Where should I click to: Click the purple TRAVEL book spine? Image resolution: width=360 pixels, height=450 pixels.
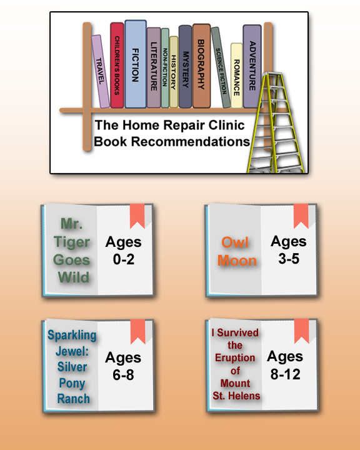[101, 71]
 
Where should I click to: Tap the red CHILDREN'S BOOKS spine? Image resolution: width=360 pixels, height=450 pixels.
[117, 65]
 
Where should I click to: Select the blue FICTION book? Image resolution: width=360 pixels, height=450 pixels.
[136, 64]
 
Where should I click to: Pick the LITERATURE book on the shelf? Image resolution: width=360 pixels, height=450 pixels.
[154, 67]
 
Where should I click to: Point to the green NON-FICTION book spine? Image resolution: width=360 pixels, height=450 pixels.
[165, 67]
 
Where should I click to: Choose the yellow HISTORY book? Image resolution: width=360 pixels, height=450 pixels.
[174, 72]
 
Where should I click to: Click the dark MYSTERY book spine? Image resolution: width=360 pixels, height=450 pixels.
[185, 67]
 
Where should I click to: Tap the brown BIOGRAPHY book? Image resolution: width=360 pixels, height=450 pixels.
[201, 66]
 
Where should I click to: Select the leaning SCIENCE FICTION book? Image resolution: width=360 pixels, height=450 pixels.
[221, 67]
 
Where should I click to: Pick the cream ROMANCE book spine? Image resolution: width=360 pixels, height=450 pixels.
[237, 76]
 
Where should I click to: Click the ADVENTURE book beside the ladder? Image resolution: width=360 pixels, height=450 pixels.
[252, 66]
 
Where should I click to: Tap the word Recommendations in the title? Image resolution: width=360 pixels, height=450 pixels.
[191, 141]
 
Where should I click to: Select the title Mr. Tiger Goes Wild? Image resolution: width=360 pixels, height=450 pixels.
[72, 251]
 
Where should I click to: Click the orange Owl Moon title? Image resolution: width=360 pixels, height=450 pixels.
[237, 252]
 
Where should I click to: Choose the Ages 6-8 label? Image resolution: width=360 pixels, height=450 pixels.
[123, 366]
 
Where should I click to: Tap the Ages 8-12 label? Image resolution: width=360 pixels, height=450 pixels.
[285, 366]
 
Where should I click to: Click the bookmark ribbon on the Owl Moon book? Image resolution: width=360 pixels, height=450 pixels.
[301, 216]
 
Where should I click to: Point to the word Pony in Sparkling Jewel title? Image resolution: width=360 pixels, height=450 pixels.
[72, 383]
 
